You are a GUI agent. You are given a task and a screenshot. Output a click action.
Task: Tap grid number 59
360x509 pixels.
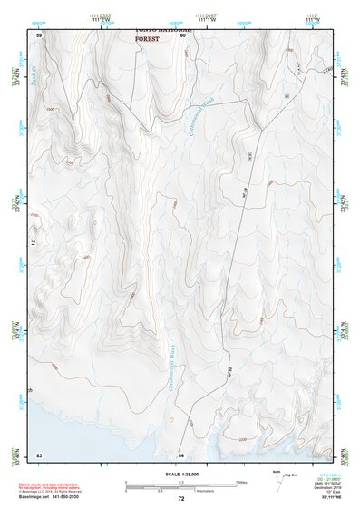[x=39, y=34]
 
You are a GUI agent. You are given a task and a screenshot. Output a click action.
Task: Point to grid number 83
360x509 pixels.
[x=39, y=454]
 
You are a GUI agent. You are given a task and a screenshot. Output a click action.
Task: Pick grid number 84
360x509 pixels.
[x=181, y=454]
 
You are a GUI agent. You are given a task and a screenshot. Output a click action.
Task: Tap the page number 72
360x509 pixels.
[x=181, y=499]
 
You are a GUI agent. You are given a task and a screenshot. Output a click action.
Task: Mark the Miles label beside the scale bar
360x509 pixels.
[x=240, y=482]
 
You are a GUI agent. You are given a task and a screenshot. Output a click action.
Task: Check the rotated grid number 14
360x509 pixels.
[x=38, y=243]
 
